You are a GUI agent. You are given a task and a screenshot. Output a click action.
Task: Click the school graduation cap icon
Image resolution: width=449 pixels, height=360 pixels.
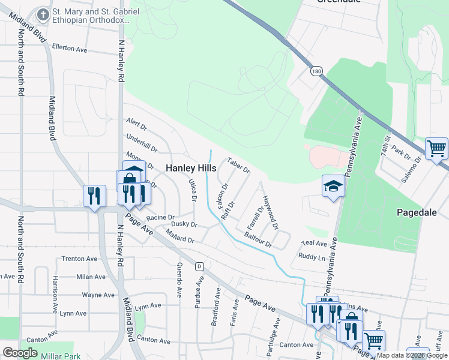333,186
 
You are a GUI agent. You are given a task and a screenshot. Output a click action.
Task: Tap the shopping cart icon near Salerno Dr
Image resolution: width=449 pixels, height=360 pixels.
436,148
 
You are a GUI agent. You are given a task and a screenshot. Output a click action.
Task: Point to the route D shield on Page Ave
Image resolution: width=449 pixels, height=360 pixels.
199,266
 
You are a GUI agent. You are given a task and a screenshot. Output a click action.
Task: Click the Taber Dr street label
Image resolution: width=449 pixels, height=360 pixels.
238,166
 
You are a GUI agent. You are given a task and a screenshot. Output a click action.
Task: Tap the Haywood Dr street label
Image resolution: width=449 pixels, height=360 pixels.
270,213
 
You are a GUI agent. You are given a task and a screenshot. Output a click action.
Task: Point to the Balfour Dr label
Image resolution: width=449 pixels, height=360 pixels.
259,242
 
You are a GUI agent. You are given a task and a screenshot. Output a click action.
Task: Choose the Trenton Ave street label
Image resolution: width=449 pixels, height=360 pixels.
79,259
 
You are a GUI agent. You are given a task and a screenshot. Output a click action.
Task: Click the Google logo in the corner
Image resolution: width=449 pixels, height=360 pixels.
20,353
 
